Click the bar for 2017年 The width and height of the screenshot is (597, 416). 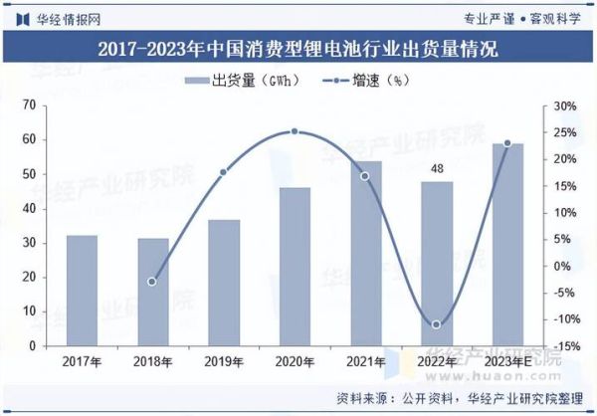[x=82, y=291]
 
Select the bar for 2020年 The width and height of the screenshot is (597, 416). [x=295, y=266]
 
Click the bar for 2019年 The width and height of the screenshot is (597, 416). [x=224, y=283]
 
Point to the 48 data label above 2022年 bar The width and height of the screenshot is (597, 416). [x=436, y=169]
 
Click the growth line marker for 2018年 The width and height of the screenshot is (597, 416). [x=152, y=282]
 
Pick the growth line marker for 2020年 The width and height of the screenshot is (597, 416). [x=295, y=131]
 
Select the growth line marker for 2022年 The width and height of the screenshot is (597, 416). [x=436, y=324]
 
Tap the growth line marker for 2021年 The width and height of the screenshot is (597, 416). [x=365, y=176]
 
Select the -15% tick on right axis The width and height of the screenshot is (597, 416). [x=564, y=345]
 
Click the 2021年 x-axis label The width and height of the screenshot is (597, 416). [x=365, y=361]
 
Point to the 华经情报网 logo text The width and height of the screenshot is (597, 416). [x=66, y=17]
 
